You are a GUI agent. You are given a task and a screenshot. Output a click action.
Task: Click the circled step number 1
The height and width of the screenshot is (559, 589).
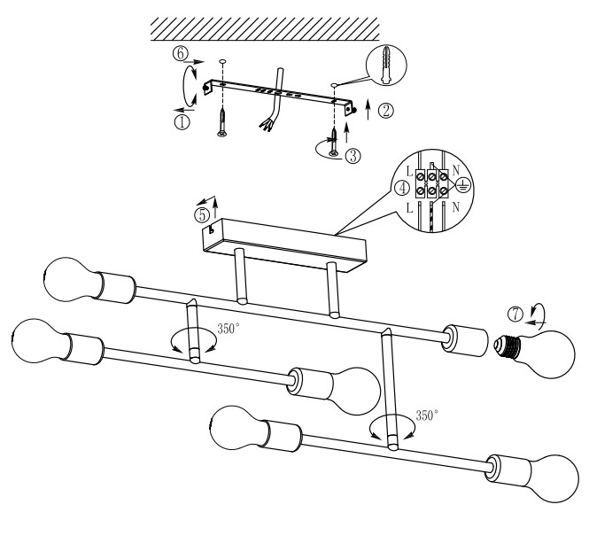[182, 122]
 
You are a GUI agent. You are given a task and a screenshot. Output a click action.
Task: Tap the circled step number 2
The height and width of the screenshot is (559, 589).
[386, 111]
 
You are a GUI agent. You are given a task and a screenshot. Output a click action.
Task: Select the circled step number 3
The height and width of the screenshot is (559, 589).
[353, 156]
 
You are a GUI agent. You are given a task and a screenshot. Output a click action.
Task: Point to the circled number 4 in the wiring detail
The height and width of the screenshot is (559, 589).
[403, 188]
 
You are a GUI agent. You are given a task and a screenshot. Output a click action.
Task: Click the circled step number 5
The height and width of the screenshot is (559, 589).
[202, 215]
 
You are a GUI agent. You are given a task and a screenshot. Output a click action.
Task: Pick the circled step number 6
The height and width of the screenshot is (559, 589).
[181, 53]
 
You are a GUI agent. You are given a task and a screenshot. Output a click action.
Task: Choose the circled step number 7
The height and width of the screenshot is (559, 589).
[515, 314]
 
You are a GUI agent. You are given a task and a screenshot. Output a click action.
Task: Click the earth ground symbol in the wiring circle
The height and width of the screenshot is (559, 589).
[463, 185]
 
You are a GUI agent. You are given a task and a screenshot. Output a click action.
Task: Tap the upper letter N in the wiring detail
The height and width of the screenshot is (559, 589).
[455, 171]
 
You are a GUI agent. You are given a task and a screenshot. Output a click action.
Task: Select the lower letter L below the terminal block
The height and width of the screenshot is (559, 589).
[410, 207]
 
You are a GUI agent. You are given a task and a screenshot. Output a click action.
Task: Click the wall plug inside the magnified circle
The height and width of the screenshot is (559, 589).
[386, 65]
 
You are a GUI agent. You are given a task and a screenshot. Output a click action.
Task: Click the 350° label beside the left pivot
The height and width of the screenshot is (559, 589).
[228, 329]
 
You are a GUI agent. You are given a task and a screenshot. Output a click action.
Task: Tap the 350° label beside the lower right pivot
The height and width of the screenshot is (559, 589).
[427, 415]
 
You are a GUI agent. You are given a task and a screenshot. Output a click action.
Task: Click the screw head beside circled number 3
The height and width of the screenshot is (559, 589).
[334, 153]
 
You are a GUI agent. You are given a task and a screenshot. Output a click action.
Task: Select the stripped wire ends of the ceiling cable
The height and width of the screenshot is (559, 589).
[266, 125]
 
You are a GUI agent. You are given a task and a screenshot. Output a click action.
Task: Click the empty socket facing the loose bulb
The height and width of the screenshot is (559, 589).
[465, 340]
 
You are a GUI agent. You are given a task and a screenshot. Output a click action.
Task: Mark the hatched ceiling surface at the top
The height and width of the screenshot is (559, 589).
[265, 28]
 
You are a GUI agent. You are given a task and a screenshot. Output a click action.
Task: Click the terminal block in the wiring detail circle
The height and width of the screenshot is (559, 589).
[431, 183]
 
